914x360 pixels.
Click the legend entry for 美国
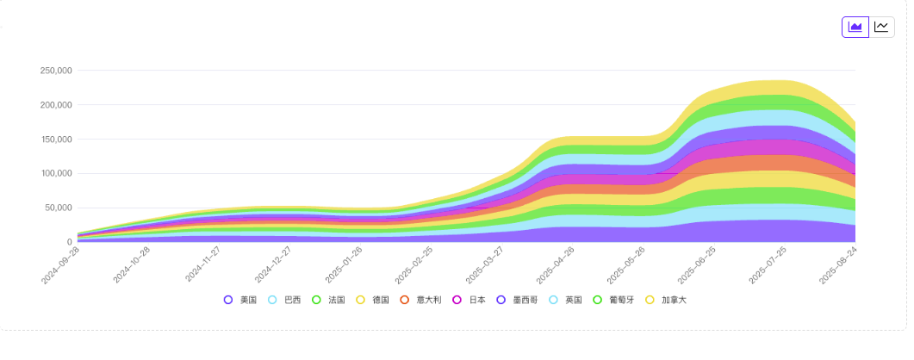tap(240, 300)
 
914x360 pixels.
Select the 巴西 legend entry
tap(284, 300)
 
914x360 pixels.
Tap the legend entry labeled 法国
tap(328, 300)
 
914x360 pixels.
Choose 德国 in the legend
tap(372, 300)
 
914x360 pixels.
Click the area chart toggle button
tap(855, 27)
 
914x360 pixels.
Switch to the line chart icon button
tap(881, 27)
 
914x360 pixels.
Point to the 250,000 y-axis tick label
tap(56, 71)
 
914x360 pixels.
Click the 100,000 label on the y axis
tap(56, 174)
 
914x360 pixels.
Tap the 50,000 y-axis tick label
tap(59, 208)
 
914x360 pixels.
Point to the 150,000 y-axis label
tap(56, 140)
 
